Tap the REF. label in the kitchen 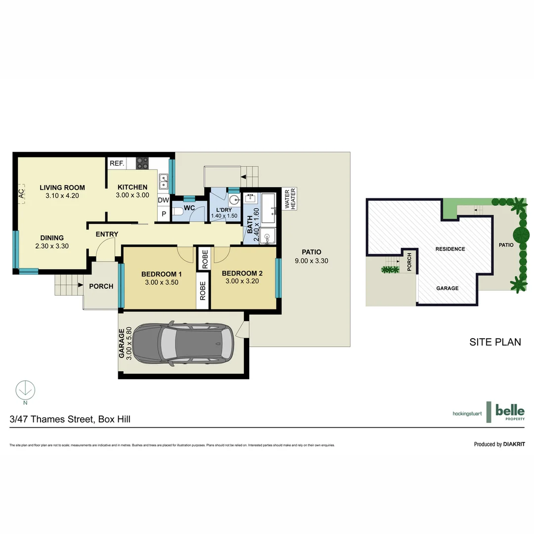[116, 163]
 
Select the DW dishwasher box [163, 200]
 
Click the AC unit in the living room [21, 194]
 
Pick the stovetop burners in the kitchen [142, 163]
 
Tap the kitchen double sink [163, 182]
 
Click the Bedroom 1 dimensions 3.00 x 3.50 [161, 282]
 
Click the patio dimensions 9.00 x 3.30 [311, 261]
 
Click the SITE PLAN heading [495, 342]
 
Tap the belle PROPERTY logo [509, 411]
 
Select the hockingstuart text [467, 413]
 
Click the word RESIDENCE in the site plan [450, 249]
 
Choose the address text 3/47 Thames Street [52, 419]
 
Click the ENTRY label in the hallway [107, 234]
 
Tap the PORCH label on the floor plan [101, 286]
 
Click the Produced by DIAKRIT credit [499, 444]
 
